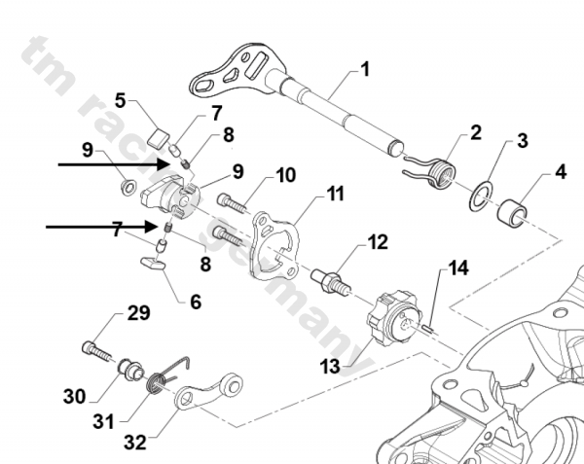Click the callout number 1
pos(365,69)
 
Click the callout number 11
pos(335,194)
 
